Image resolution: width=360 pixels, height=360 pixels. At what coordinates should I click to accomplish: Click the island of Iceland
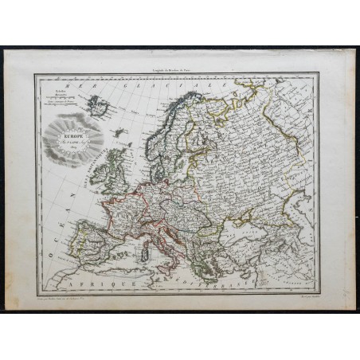[x=99, y=104]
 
